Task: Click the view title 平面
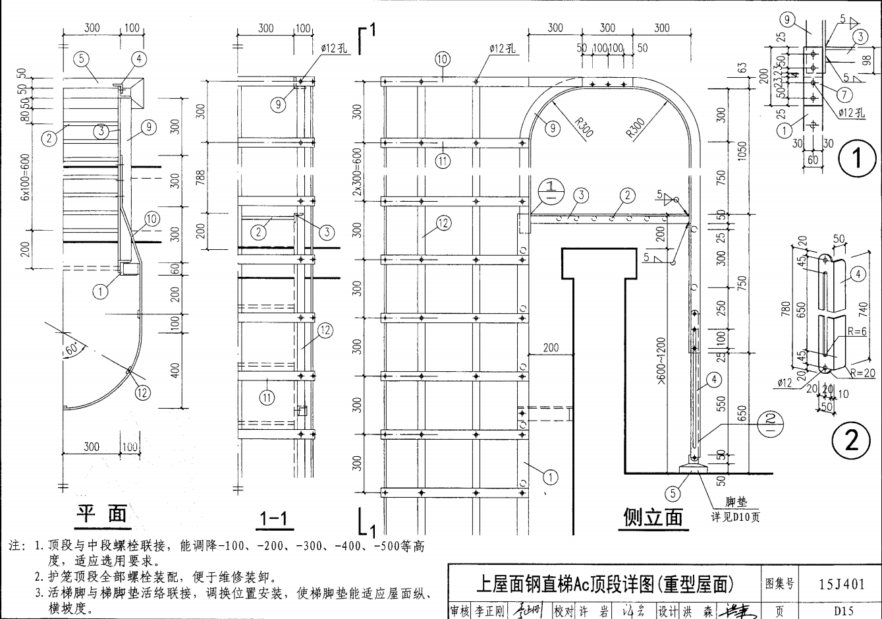coord(101,514)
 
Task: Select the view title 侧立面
coord(653,517)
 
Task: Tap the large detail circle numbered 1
coord(853,160)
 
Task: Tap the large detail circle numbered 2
coord(852,440)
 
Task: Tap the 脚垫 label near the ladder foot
coord(736,504)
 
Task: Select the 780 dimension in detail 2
coord(786,310)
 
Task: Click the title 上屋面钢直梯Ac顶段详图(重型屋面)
coord(604,583)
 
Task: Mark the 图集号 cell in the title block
coord(780,583)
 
